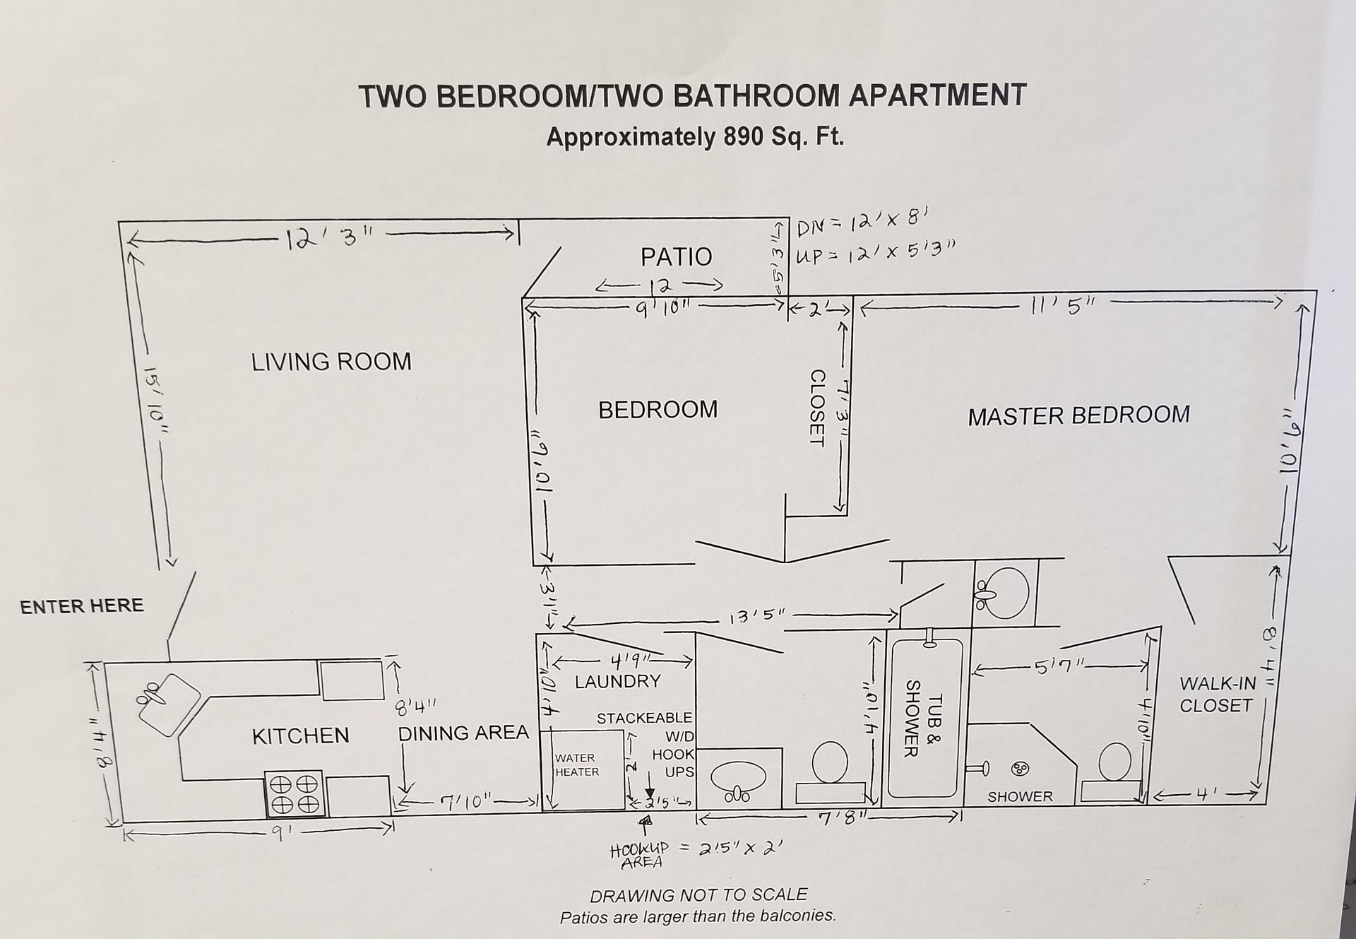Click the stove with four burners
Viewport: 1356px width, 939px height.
pos(295,793)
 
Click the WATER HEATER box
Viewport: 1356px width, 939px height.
pos(582,768)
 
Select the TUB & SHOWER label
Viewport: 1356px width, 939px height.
pos(923,718)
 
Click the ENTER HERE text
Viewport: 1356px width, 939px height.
pos(82,606)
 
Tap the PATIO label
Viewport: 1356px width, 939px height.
pos(676,257)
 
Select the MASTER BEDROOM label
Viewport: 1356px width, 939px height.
pos(1078,415)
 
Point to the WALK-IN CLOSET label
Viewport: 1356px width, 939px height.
pos(1217,695)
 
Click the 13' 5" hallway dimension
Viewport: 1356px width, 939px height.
pos(756,616)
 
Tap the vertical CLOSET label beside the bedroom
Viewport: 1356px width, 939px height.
pos(817,408)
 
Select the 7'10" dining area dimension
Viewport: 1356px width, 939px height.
pos(467,802)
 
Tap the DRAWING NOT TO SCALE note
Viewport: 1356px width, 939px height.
pos(698,895)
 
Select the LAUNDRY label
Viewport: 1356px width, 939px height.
pos(617,681)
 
